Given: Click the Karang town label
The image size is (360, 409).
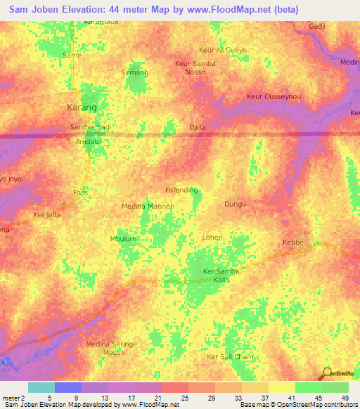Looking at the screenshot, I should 81,108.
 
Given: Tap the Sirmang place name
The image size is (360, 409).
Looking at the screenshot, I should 134,72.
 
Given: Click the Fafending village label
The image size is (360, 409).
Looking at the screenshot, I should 181,190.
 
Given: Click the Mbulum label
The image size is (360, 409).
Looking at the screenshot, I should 122,239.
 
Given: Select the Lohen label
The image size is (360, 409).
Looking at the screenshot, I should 212,238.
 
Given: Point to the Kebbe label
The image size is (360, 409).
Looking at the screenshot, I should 292,242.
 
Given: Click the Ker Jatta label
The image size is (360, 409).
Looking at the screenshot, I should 49,215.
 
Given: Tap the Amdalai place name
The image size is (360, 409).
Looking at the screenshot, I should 89,141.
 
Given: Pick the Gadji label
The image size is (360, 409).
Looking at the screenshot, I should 319,26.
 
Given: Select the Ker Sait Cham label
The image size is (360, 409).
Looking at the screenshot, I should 229,358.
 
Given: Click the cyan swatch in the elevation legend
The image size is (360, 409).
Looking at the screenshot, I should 41,387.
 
